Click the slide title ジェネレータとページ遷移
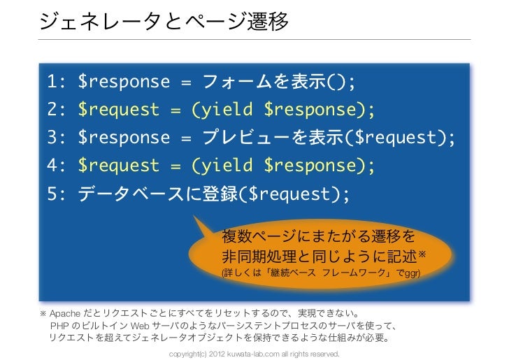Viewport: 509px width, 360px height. [164, 22]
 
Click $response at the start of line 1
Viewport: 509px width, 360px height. [124, 82]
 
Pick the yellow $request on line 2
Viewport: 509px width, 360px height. [119, 110]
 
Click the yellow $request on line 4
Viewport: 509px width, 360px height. [119, 166]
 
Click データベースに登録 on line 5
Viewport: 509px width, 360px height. [157, 194]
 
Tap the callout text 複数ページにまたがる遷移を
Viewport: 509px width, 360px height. [318, 233]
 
